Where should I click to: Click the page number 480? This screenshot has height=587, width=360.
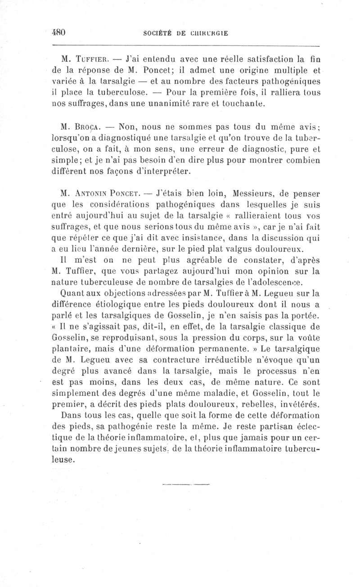point(59,32)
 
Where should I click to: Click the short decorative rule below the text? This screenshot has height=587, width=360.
point(186,485)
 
